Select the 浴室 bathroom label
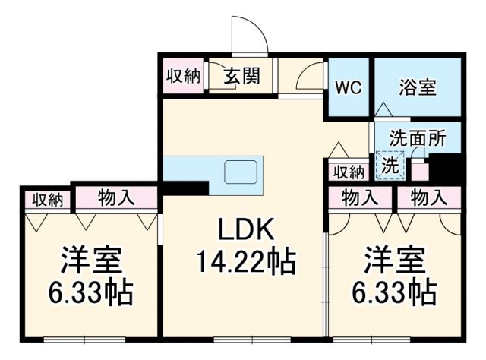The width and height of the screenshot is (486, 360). [418, 87]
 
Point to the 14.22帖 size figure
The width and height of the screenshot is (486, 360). [245, 262]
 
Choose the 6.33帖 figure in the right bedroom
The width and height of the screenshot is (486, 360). [394, 291]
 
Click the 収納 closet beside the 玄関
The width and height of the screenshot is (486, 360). [183, 77]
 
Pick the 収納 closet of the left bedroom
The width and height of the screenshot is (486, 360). [46, 199]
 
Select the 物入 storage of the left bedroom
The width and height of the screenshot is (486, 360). [116, 198]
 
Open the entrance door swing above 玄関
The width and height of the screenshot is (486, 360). [248, 38]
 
